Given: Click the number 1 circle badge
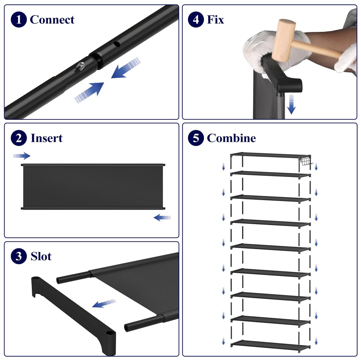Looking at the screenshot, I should pyautogui.click(x=19, y=20).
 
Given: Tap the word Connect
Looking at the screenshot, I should pyautogui.click(x=52, y=20).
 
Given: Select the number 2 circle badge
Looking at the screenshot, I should pyautogui.click(x=19, y=138).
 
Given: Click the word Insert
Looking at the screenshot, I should pyautogui.click(x=47, y=138).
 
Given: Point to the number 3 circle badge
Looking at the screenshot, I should pyautogui.click(x=19, y=256).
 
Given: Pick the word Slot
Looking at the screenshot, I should pyautogui.click(x=41, y=256).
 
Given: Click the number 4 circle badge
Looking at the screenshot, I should pyautogui.click(x=196, y=20).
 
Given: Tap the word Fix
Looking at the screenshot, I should pyautogui.click(x=215, y=20).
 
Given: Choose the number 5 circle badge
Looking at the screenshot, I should pyautogui.click(x=196, y=138).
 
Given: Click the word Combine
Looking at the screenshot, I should pyautogui.click(x=231, y=138).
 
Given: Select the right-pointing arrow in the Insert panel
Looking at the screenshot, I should pyautogui.click(x=22, y=156).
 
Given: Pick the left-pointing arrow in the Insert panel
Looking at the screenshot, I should pyautogui.click(x=162, y=218).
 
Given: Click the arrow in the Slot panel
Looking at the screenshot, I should pyautogui.click(x=104, y=303).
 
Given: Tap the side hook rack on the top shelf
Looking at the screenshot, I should pyautogui.click(x=306, y=162).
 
